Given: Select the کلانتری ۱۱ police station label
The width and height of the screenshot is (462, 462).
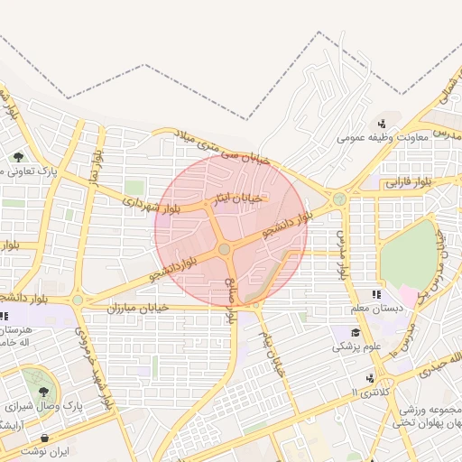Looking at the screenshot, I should click(x=366, y=393).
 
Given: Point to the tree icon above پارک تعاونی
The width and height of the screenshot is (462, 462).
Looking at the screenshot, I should click(x=18, y=157).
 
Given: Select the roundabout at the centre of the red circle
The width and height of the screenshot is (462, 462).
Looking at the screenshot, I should click(x=224, y=248).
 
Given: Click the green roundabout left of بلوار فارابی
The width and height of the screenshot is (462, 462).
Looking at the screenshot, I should click(x=339, y=199).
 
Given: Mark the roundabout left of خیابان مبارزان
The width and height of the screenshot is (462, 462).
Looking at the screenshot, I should click(x=79, y=300).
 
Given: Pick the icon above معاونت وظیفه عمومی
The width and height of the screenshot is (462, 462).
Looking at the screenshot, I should click(x=383, y=125).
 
